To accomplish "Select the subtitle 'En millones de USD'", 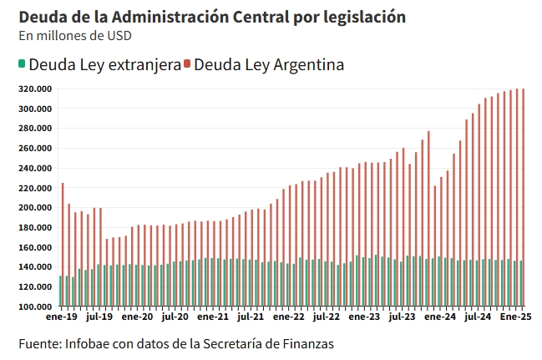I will [x=74, y=36].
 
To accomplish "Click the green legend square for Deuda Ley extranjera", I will [x=21, y=64].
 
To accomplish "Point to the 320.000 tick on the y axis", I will [x=36, y=89].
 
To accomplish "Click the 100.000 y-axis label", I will [x=36, y=307].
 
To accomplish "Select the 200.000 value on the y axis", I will [x=36, y=208].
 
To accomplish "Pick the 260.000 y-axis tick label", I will [x=36, y=149].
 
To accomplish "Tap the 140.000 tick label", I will [x=36, y=267].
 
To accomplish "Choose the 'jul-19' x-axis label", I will [x=99, y=317].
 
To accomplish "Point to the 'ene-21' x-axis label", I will [x=213, y=317].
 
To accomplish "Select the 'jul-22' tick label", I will [x=326, y=317].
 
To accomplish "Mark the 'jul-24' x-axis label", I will [x=477, y=317].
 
